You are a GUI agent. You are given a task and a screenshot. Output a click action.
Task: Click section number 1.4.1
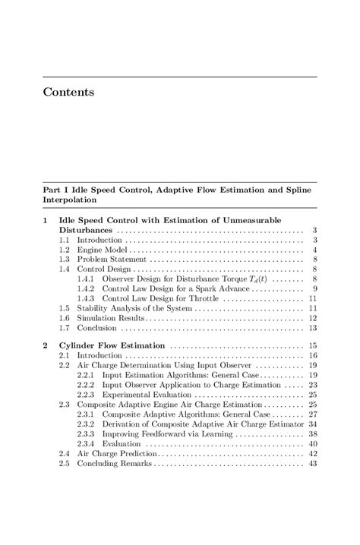coord(88,279)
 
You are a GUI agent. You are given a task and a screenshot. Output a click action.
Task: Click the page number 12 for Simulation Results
coord(312,319)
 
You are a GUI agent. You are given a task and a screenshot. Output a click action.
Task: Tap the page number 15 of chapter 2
coord(312,345)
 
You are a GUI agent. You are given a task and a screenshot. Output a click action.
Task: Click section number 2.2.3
coord(88,395)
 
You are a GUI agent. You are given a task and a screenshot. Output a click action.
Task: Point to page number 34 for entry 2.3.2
coord(312,424)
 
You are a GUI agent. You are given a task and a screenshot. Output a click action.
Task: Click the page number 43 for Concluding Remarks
coord(312,463)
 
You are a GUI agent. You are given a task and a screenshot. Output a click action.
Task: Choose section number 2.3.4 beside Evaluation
coord(88,443)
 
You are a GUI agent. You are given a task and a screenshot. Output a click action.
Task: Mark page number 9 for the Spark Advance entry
coord(314,289)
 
